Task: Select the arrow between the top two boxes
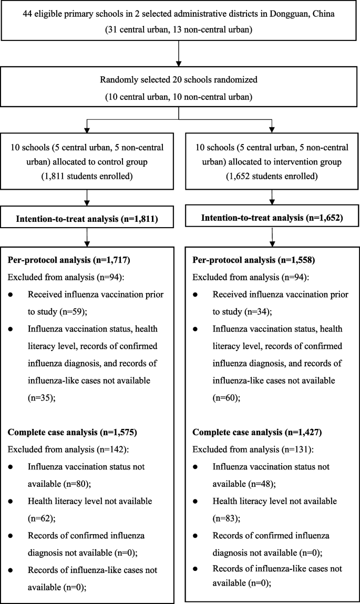180,51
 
